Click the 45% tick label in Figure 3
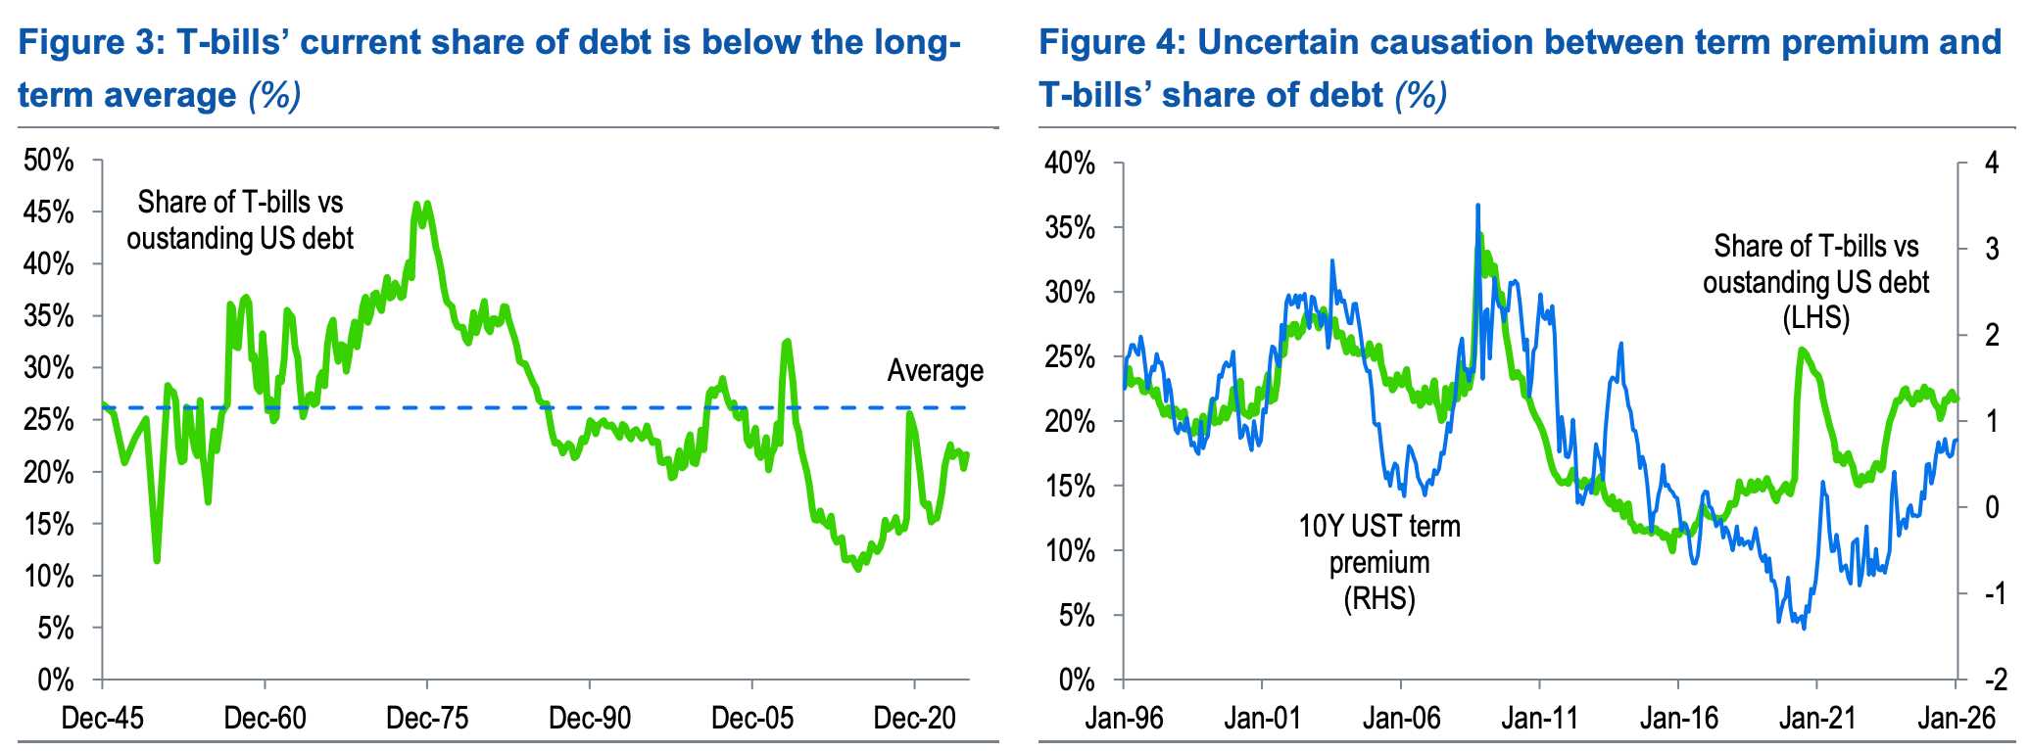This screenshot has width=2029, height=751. [x=49, y=212]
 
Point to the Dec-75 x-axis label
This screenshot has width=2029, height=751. [x=427, y=719]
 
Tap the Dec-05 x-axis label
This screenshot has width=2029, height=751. [x=752, y=719]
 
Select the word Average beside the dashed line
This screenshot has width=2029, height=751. [x=935, y=371]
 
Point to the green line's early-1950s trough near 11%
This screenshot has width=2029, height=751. [x=157, y=560]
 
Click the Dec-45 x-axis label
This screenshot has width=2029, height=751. [x=102, y=719]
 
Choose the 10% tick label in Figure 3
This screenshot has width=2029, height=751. [x=49, y=576]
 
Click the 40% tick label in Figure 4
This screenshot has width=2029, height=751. [x=1070, y=163]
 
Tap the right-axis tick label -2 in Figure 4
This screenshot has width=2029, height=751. [x=1992, y=680]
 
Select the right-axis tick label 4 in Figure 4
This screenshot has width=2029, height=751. [x=1991, y=163]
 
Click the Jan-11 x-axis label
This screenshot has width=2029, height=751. [x=1540, y=719]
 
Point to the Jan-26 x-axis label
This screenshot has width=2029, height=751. [x=1956, y=719]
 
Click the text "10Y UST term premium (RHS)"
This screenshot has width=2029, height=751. [x=1379, y=562]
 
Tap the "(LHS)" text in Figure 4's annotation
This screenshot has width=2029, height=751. [x=1815, y=318]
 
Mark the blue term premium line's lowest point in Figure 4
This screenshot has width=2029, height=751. [x=1804, y=628]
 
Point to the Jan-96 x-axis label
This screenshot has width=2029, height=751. [x=1124, y=719]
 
